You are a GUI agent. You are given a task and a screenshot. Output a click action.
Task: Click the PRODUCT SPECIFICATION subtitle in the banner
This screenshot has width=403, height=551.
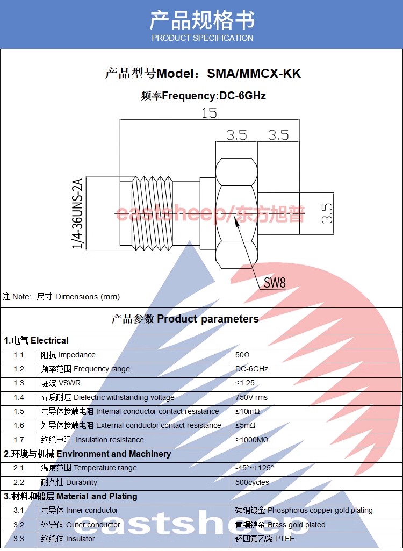pos(202,38)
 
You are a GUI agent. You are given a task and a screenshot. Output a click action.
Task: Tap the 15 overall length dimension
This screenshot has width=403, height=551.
pos(209,113)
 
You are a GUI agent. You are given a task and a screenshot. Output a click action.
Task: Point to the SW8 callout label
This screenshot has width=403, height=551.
pos(275,283)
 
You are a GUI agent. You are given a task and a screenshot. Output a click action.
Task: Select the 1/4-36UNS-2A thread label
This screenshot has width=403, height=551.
pos(78,213)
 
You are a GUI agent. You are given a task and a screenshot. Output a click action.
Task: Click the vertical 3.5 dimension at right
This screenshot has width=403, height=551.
pos(327,213)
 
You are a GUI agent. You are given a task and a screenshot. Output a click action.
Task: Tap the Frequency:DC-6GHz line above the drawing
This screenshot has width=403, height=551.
pos(203,96)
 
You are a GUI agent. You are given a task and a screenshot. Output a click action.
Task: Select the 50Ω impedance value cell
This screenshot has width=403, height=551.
pos(243,355)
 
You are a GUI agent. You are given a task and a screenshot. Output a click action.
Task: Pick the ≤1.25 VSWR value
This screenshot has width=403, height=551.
pos(245,383)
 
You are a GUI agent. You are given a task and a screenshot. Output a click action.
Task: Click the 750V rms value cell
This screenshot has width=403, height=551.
pos(251,397)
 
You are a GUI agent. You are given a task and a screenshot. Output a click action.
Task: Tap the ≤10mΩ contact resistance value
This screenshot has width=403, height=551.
pos(248,411)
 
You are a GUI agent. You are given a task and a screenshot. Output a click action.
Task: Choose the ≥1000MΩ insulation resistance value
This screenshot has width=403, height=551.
pos(252,440)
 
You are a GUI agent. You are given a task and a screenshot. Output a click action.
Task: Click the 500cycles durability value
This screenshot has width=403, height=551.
pos(252,482)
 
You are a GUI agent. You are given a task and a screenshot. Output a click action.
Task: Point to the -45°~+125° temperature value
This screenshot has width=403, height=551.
pos(255,468)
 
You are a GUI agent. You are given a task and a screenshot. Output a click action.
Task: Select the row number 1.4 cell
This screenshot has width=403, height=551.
pos(19,397)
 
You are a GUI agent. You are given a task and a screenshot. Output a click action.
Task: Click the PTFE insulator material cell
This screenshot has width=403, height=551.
pos(265,539)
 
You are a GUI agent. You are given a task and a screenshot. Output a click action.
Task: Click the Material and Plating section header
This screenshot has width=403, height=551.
pos(71,496)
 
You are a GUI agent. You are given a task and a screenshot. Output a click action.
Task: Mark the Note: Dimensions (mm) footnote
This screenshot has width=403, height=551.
pos(61,297)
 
